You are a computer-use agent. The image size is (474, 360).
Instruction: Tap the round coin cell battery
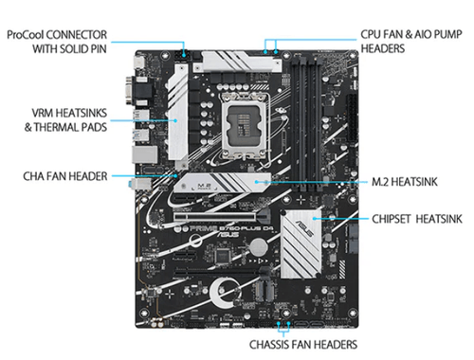pyautogui.click(x=259, y=246)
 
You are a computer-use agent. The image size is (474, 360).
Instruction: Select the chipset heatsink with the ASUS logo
pyautogui.click(x=301, y=243)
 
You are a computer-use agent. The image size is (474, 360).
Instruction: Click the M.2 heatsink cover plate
pyautogui.click(x=223, y=183)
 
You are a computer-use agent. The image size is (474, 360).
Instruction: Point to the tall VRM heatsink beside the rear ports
pyautogui.click(x=178, y=116)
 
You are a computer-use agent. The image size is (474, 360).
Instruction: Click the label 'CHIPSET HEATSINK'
pyautogui.click(x=417, y=219)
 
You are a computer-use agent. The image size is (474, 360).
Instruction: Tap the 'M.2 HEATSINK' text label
pyautogui.click(x=405, y=182)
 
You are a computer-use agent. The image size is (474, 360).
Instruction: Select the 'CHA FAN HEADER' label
pyautogui.click(x=65, y=176)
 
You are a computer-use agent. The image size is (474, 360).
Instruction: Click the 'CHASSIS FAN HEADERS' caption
pyautogui.click(x=303, y=344)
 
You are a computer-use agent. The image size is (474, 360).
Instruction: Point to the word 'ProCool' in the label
pyautogui.click(x=27, y=34)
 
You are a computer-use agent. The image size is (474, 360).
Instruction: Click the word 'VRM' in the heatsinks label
pyautogui.click(x=43, y=113)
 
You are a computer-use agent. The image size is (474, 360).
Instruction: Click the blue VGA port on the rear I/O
pyautogui.click(x=129, y=90)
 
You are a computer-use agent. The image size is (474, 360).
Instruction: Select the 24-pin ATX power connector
pyautogui.click(x=353, y=118)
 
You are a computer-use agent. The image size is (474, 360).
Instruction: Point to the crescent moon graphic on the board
pyautogui.click(x=218, y=293)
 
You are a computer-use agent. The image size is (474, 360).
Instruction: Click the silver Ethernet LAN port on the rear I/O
pyautogui.click(x=144, y=154)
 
